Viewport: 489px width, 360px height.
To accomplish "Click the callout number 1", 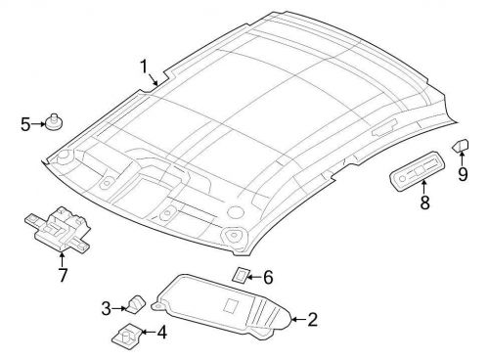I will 143,67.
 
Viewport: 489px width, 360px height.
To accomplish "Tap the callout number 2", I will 312,319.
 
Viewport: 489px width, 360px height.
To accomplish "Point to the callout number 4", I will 162,335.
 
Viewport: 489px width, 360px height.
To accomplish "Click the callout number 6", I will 269,278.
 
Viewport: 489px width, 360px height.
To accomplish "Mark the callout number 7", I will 63,275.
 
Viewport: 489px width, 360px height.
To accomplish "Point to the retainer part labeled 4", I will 127,336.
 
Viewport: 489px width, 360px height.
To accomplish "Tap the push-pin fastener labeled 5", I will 54,122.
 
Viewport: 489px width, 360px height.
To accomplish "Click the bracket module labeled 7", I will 59,231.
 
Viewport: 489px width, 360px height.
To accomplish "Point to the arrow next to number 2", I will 296,319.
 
